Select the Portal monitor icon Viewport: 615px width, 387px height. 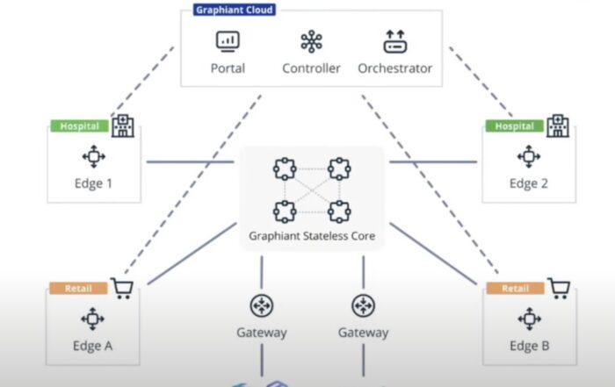pyautogui.click(x=228, y=40)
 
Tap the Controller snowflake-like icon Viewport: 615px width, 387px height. pyautogui.click(x=311, y=41)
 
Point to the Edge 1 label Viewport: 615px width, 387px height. pyautogui.click(x=92, y=184)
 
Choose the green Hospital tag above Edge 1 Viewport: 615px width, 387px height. pyautogui.click(x=79, y=125)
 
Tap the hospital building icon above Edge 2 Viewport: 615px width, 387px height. pyautogui.click(x=557, y=125)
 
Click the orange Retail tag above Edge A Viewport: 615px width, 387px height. pyautogui.click(x=79, y=287)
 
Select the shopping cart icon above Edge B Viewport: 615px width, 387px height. pyautogui.click(x=558, y=288)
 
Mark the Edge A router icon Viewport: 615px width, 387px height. pyautogui.click(x=92, y=319)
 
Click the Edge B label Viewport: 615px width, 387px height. pyautogui.click(x=529, y=346)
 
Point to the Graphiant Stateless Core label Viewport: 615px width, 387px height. pyautogui.click(x=312, y=236)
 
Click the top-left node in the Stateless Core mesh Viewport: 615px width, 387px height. pyautogui.click(x=283, y=168)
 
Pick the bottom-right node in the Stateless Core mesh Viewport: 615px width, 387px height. pyautogui.click(x=339, y=210)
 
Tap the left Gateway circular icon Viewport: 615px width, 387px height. pyautogui.click(x=262, y=305)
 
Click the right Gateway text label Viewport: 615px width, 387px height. pyautogui.click(x=363, y=333)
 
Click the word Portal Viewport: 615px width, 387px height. pyautogui.click(x=228, y=68)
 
